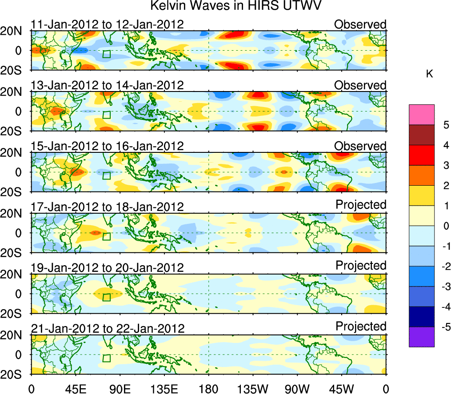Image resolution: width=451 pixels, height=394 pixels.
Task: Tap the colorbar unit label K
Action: click(429, 74)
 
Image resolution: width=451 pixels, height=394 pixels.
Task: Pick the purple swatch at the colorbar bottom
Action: click(422, 337)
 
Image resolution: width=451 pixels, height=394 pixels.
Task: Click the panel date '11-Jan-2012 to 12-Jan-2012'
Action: click(107, 24)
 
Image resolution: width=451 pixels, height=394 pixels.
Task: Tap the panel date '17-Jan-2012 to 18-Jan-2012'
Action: click(107, 207)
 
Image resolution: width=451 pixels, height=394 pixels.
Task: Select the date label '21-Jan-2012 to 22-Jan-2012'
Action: click(107, 329)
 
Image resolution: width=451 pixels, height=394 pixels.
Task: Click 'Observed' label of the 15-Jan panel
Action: click(360, 146)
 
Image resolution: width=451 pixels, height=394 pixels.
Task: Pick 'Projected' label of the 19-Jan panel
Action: click(361, 266)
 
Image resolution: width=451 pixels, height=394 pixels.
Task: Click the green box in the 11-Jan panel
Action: click(106, 54)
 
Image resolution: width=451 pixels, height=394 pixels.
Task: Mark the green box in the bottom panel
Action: click(106, 358)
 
